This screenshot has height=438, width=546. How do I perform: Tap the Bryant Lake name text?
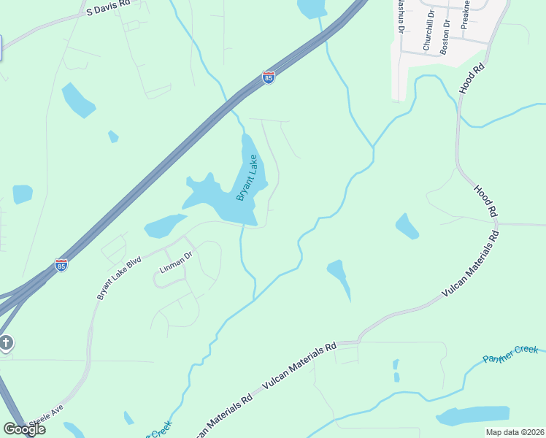point(247,178)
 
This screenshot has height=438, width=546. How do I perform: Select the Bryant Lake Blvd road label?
point(118,277)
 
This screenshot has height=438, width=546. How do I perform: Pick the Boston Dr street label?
point(446,33)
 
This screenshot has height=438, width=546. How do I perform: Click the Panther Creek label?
point(512,354)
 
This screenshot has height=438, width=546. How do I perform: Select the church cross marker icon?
point(6,343)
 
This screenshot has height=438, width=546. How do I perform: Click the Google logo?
point(24,429)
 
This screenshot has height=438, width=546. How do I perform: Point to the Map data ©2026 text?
point(515,432)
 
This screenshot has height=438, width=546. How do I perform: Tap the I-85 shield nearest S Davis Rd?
point(269,77)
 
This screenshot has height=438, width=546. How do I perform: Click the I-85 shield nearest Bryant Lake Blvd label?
point(61,266)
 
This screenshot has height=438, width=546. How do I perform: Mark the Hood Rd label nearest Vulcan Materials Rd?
point(485,200)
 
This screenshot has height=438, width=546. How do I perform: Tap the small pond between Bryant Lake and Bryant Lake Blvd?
point(165,226)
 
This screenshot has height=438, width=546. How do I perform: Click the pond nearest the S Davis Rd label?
point(77,101)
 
